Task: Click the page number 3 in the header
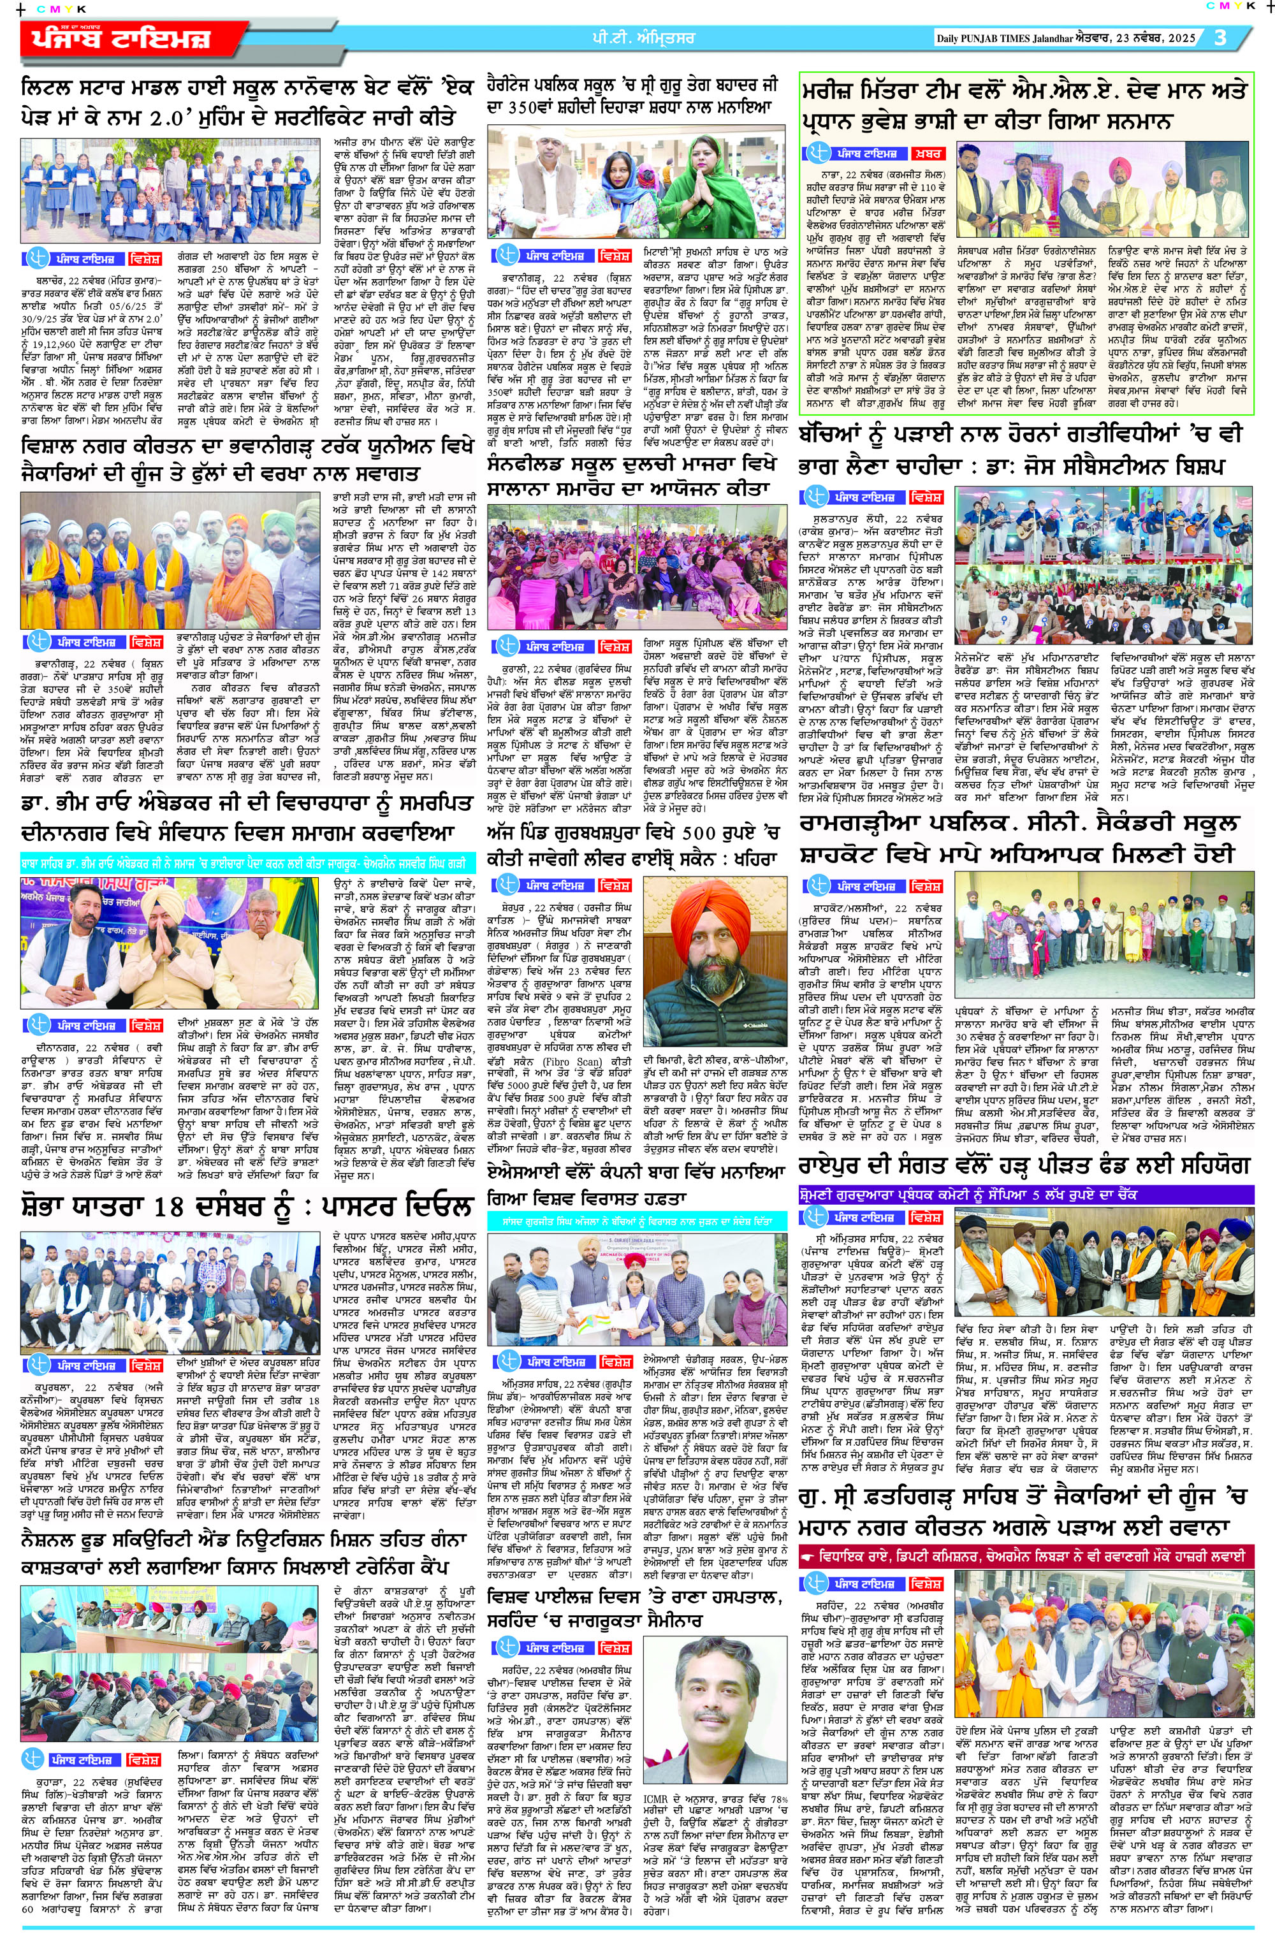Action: click(x=1220, y=38)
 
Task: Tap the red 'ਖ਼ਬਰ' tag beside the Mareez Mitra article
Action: click(x=928, y=153)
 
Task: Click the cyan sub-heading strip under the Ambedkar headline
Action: click(x=247, y=862)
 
